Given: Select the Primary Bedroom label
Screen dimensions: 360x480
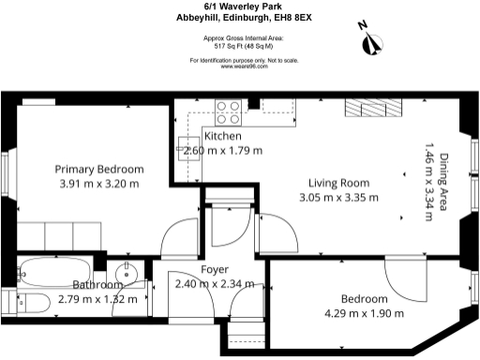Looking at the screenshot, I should click(x=99, y=170).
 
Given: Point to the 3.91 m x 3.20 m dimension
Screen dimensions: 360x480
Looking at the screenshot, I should click(x=99, y=184).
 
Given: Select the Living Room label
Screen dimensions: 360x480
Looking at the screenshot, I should click(x=339, y=183).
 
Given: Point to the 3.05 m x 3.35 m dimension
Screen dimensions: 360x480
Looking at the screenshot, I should click(x=338, y=198).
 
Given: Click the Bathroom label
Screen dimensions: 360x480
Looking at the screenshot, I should click(x=97, y=285).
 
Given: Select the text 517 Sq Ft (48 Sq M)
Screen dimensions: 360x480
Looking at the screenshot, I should click(x=244, y=45).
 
